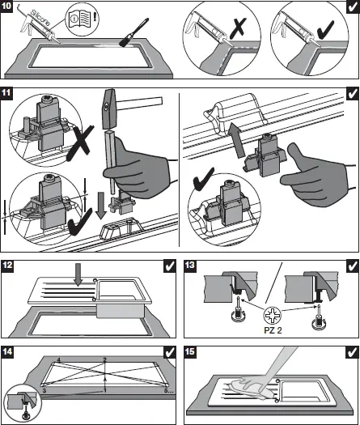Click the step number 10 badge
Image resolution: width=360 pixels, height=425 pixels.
click(x=6, y=6)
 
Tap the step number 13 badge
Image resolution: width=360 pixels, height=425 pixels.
click(x=189, y=265)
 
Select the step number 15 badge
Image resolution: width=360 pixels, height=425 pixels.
click(x=189, y=351)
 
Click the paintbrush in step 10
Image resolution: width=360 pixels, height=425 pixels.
click(x=133, y=32)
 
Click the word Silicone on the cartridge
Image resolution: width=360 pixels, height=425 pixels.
click(x=40, y=18)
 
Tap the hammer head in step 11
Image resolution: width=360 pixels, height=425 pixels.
click(x=108, y=109)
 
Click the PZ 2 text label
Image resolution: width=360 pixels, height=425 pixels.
click(x=273, y=330)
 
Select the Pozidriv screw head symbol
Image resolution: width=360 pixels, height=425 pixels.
click(x=273, y=316)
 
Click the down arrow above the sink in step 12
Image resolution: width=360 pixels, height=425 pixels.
click(x=78, y=275)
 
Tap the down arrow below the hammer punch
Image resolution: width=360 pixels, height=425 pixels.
click(x=101, y=206)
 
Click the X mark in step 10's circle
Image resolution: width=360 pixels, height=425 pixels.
click(x=238, y=28)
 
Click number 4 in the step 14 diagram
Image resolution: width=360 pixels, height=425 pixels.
click(x=59, y=360)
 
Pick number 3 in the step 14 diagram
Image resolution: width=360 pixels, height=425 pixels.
click(x=44, y=390)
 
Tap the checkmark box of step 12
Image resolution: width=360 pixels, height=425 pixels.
click(x=170, y=266)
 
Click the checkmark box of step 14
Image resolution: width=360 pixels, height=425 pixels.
click(x=170, y=352)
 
